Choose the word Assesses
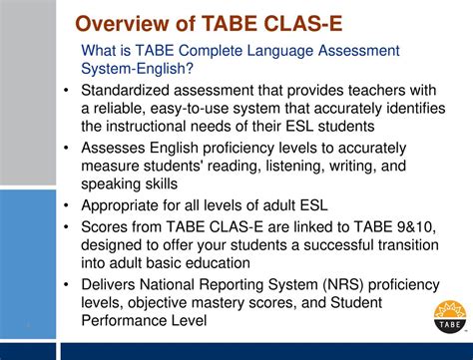118,148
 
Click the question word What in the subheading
101,50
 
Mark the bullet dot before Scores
67,226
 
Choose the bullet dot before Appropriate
67,206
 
